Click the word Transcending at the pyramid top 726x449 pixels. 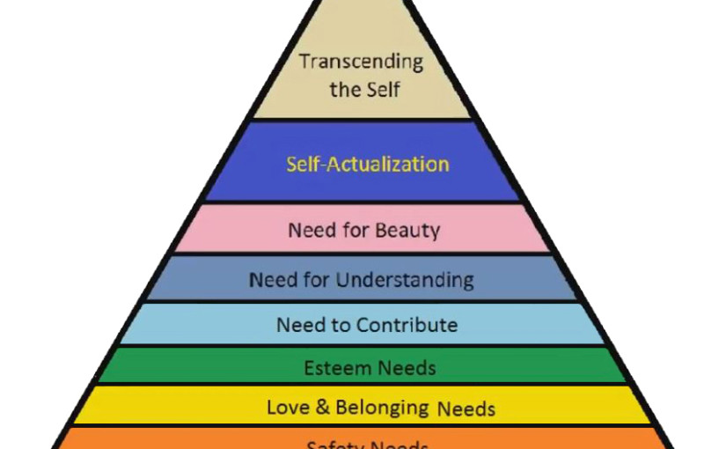click(x=361, y=63)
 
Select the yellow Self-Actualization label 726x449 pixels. click(x=368, y=164)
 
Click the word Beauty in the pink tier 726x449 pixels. click(x=407, y=232)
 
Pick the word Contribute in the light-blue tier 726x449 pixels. click(x=407, y=325)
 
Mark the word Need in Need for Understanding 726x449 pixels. click(x=272, y=281)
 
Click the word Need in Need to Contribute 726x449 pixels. click(x=299, y=325)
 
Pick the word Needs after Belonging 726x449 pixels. click(x=466, y=409)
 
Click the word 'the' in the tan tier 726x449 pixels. click(x=346, y=89)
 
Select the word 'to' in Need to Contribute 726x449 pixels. click(x=339, y=325)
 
